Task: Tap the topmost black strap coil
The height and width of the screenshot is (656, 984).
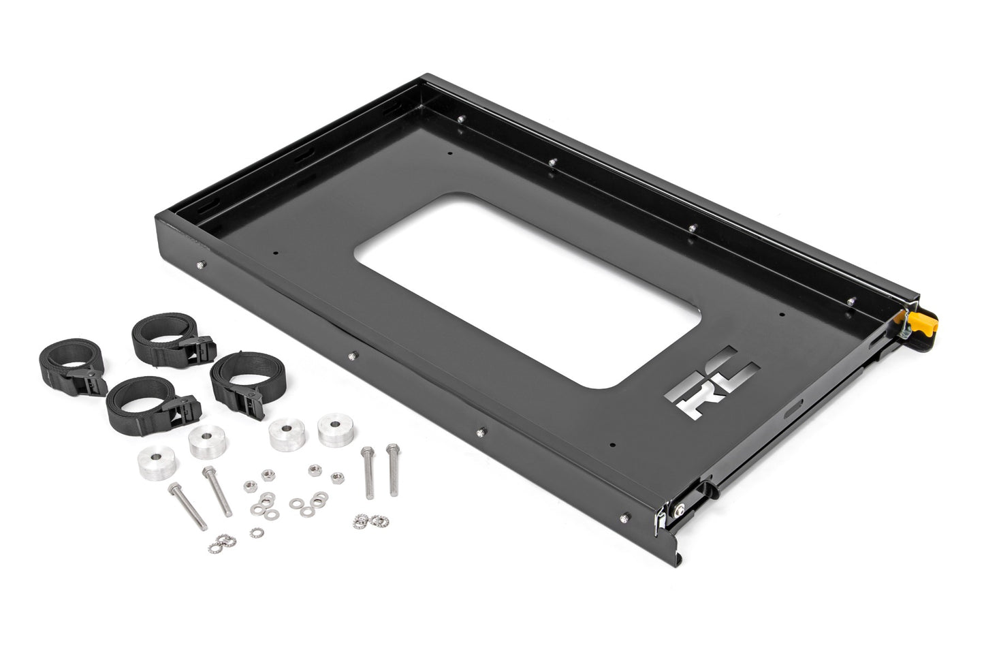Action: [159, 341]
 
